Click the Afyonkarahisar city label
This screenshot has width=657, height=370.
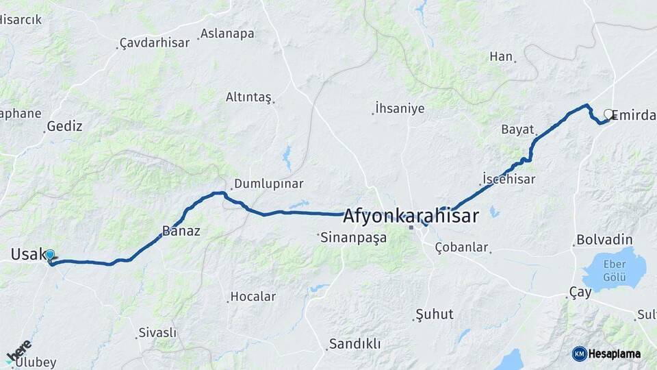click(411, 216)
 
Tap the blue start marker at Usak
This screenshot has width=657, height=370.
click(50, 256)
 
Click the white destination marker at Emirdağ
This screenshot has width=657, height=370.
click(608, 114)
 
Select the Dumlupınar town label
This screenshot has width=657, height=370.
click(268, 184)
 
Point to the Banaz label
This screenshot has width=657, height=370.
click(181, 231)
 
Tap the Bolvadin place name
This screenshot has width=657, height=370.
click(604, 240)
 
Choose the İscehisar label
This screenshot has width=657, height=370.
click(508, 179)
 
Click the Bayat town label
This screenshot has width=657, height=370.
click(517, 129)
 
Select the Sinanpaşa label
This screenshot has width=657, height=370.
click(354, 238)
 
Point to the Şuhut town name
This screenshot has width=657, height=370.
click(435, 314)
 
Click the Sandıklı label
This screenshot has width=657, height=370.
click(355, 344)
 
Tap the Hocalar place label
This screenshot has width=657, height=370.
click(253, 297)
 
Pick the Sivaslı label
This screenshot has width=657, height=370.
click(157, 332)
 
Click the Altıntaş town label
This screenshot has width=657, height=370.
click(248, 97)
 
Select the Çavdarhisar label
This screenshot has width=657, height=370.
click(155, 42)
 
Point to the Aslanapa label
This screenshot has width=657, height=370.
click(227, 34)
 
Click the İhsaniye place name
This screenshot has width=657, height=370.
click(400, 108)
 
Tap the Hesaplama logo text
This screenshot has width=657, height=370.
click(614, 354)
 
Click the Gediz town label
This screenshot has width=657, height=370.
click(64, 126)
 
